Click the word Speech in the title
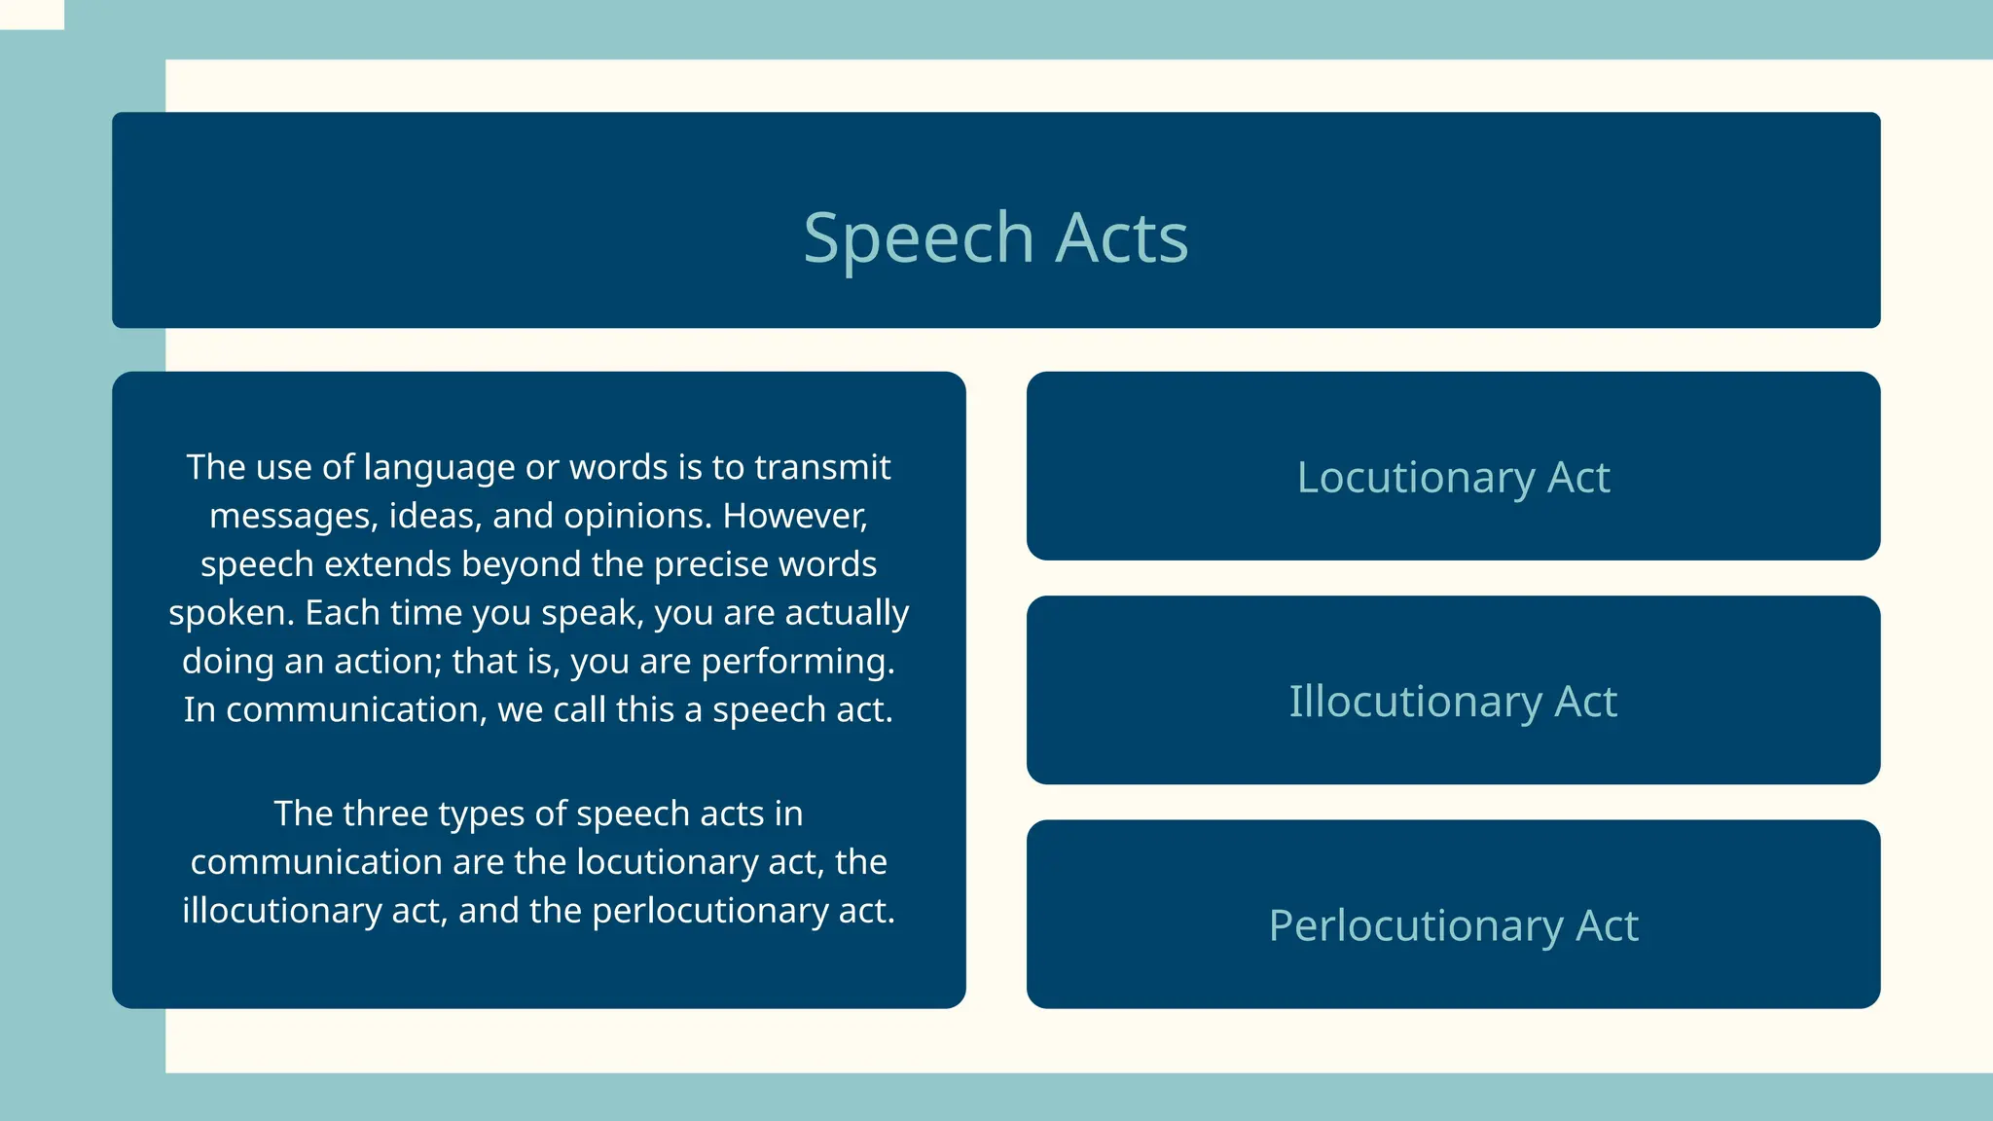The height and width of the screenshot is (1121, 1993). coord(918,238)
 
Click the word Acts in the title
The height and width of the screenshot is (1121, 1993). coord(1122,238)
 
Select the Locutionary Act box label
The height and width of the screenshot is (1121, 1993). coord(1453,478)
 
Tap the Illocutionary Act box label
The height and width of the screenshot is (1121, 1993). coord(1453,702)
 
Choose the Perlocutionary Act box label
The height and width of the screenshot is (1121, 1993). coord(1453,925)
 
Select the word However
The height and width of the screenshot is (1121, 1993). coord(794,516)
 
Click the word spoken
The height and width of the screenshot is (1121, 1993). coord(231,613)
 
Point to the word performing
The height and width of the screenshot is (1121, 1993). coord(797,662)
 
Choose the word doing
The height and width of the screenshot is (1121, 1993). coord(228,662)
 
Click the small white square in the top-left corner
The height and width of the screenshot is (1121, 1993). coord(31,14)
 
